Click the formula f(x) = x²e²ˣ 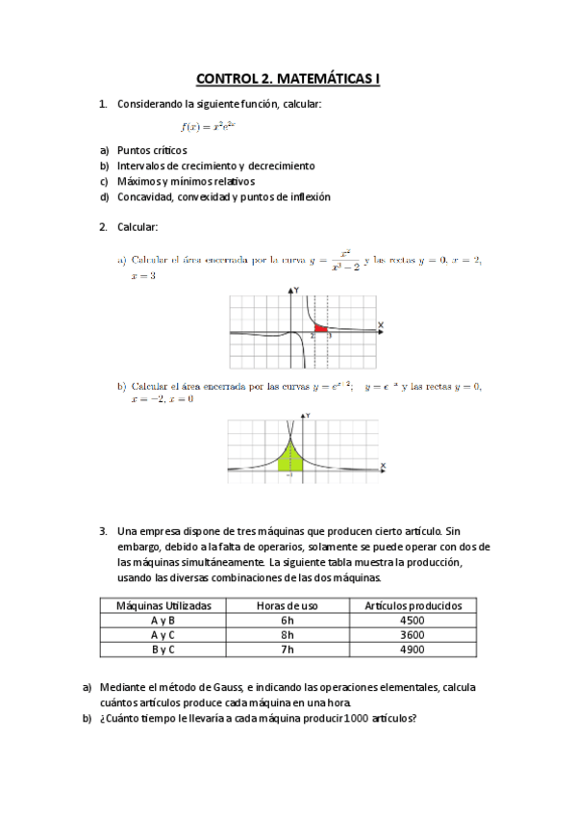tap(209, 126)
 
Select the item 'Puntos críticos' tap(152, 150)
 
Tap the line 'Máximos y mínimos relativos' tap(186, 181)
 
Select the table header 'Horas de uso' tap(287, 605)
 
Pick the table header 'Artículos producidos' tap(413, 605)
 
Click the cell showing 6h tap(287, 621)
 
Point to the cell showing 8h tap(287, 635)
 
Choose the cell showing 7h tap(287, 650)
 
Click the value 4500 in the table tap(413, 621)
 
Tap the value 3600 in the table tap(413, 635)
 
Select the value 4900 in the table tap(413, 650)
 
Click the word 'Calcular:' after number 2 tap(138, 227)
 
